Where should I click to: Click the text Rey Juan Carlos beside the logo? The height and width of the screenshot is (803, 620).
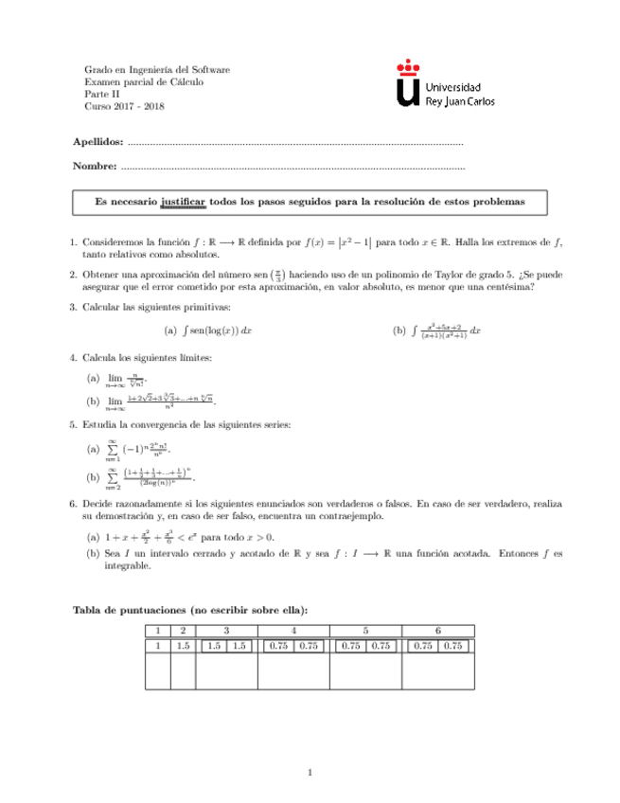point(461,99)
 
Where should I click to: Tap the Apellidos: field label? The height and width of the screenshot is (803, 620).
point(97,142)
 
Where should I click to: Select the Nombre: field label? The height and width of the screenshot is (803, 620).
point(95,168)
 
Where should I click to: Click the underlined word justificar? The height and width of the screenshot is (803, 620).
point(183,202)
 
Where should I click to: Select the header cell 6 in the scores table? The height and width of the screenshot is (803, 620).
point(437,631)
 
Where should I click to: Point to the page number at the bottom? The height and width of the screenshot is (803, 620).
point(310,775)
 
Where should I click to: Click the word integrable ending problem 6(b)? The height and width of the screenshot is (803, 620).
point(115,565)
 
